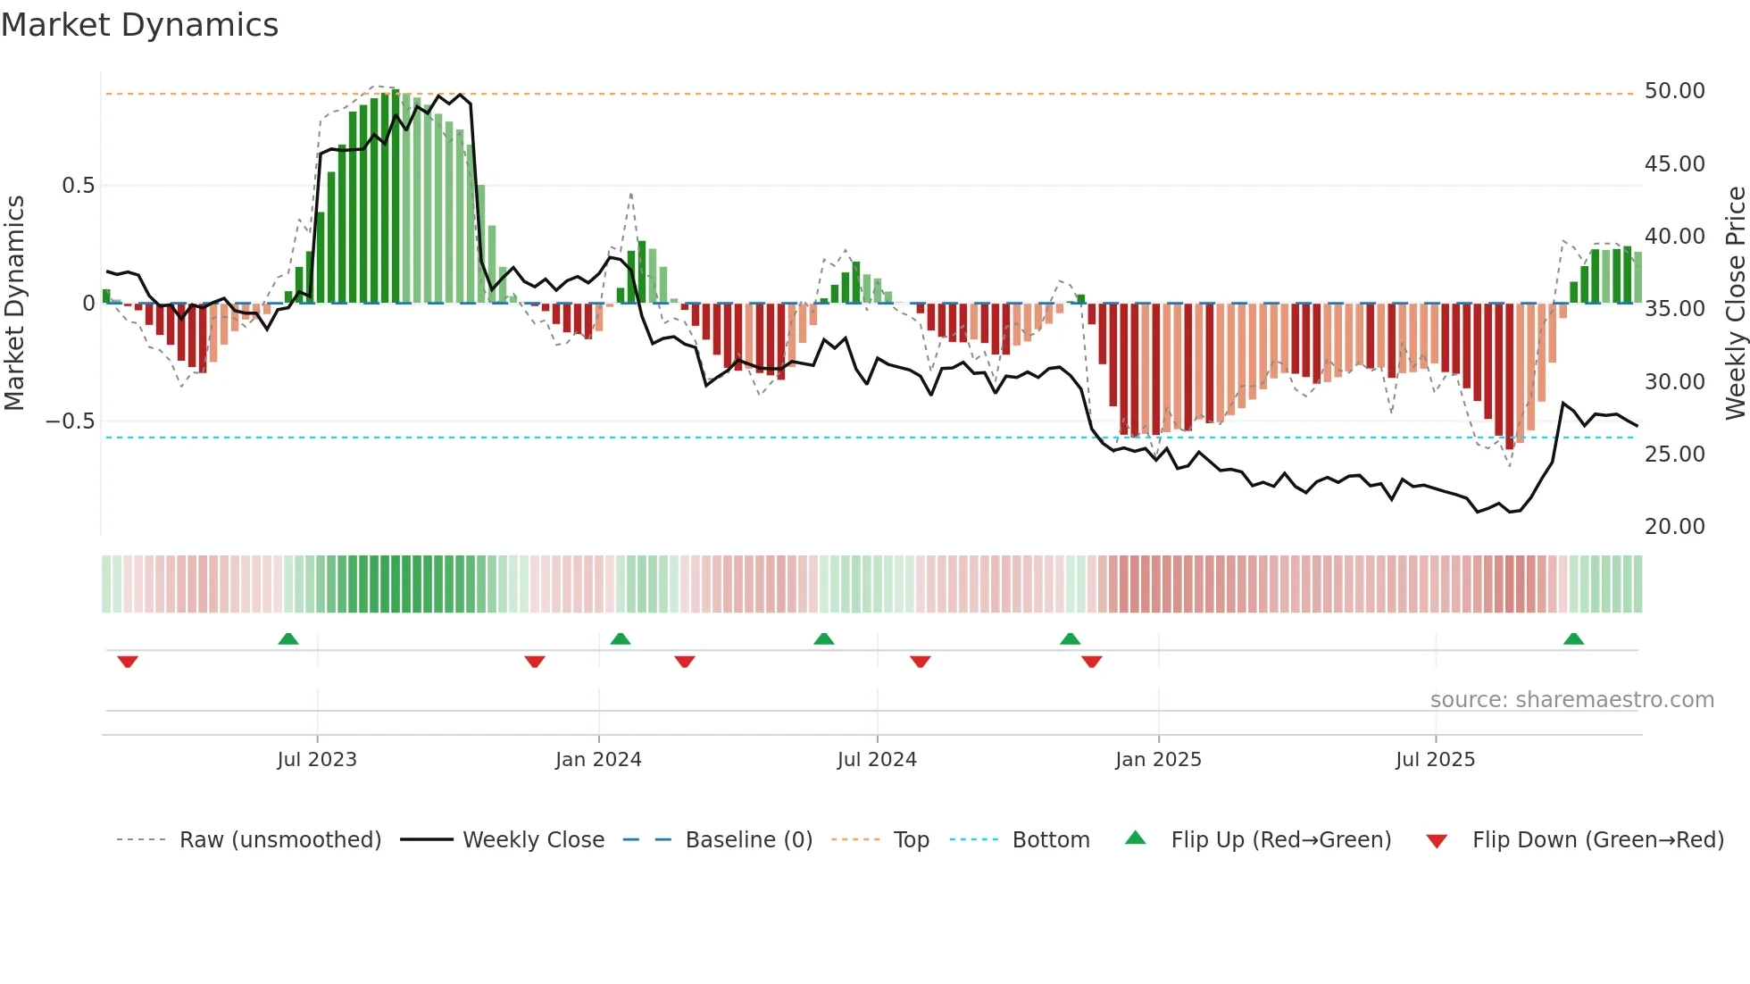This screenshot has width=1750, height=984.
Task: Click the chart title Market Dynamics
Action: click(139, 25)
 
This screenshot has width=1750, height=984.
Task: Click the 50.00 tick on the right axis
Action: click(1674, 91)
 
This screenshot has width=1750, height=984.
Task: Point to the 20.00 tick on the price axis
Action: click(1674, 527)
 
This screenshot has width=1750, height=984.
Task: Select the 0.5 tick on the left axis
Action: click(78, 186)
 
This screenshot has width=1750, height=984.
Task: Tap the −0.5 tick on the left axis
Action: click(71, 421)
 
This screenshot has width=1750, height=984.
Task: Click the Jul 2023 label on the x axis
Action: click(317, 760)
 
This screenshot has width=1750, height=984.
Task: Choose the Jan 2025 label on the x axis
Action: click(1158, 760)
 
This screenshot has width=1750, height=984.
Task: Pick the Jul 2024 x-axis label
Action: click(877, 760)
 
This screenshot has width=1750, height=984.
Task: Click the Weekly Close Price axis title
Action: click(1735, 303)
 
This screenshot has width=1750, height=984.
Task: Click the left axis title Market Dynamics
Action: click(14, 303)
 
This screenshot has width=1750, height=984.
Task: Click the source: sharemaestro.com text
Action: click(1571, 700)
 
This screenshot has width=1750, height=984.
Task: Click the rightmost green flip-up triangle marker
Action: click(1573, 639)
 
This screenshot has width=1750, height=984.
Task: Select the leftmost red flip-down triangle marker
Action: click(128, 662)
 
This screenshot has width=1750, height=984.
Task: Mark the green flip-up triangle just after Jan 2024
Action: click(621, 639)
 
